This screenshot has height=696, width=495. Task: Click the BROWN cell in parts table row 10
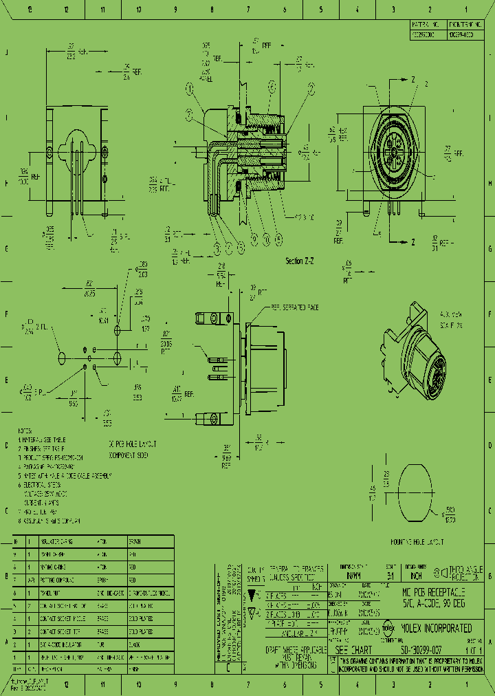[x=135, y=542]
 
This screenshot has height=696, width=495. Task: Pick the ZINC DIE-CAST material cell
[x=110, y=592]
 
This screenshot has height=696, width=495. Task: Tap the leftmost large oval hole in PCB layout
[x=62, y=358]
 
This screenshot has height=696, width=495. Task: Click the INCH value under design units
[x=416, y=576]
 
